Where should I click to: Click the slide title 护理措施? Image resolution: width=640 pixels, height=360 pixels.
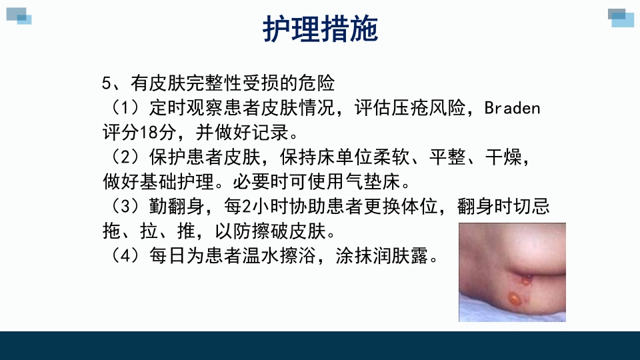(320, 29)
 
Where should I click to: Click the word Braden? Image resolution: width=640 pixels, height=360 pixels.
(511, 108)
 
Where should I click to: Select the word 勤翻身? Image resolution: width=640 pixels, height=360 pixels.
(173, 207)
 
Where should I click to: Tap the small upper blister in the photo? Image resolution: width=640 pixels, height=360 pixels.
(526, 279)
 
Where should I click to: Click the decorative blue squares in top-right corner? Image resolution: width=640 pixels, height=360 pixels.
(621, 17)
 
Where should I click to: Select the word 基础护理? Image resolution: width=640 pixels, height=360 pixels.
(184, 182)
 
